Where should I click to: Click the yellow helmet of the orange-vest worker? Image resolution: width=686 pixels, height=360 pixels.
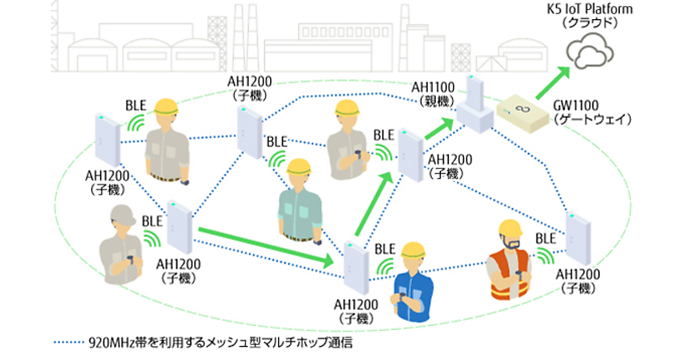point(510,229)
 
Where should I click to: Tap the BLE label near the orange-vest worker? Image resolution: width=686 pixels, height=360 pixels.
point(547,237)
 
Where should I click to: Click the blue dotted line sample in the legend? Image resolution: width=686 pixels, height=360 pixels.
point(68,343)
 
